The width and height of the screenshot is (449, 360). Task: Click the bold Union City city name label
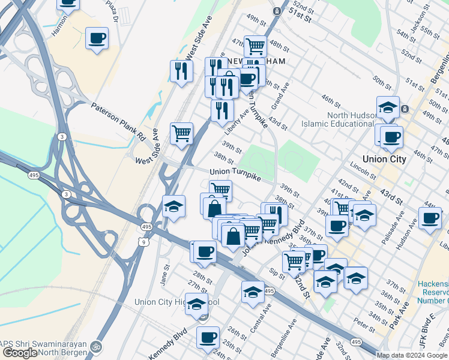380,159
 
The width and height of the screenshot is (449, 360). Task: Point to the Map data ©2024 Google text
412,355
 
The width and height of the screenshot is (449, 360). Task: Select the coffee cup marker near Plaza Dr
96,40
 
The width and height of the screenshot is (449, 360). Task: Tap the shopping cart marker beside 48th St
256,46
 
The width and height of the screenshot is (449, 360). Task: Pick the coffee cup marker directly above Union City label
391,137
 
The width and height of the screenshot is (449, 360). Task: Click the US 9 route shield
142,242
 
